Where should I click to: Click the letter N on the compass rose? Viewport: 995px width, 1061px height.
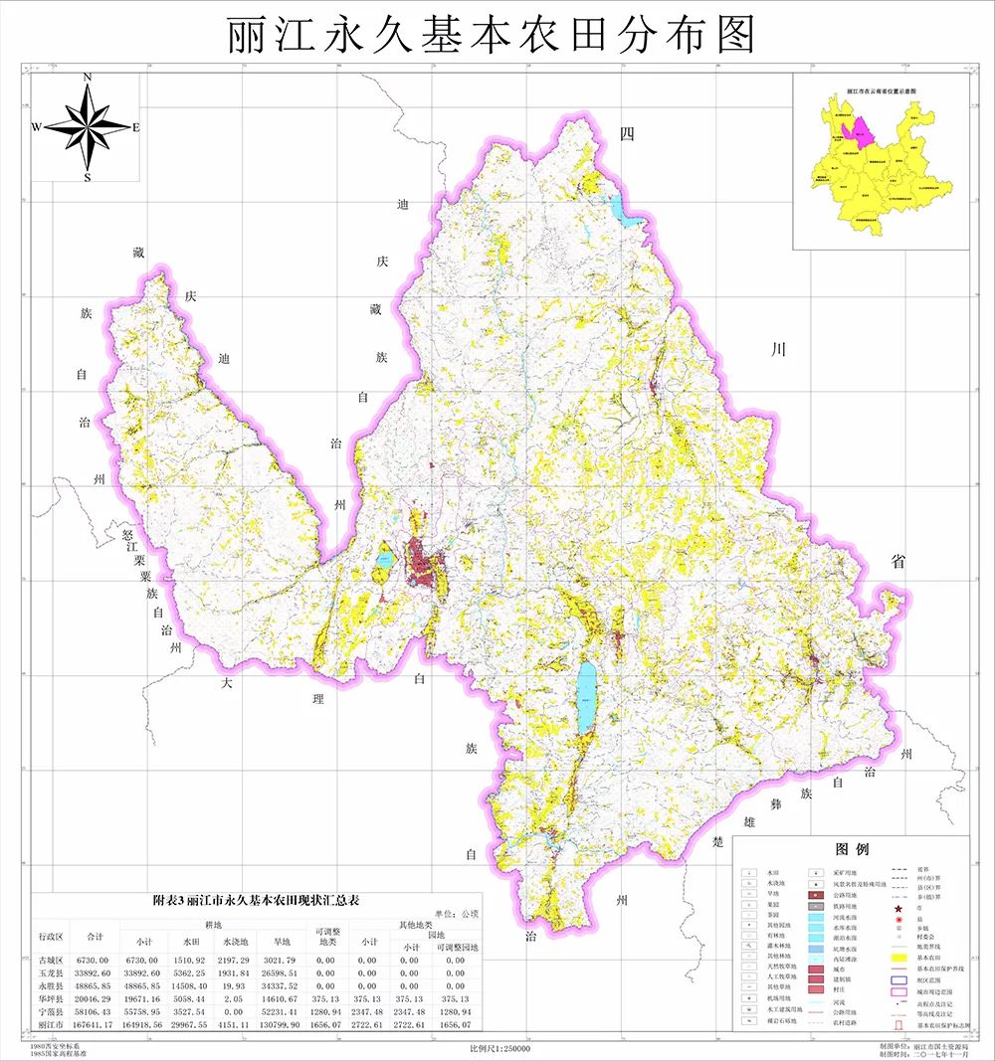click(x=88, y=78)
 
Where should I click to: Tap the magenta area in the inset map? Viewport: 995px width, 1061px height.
click(x=855, y=129)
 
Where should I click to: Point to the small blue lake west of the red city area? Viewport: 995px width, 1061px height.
click(x=384, y=559)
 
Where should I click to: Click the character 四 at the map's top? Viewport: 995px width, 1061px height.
click(x=626, y=135)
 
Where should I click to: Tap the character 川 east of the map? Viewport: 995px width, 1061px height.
click(x=779, y=349)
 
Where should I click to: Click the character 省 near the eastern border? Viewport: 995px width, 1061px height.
click(x=898, y=562)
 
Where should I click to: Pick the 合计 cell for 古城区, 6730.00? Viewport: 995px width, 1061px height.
click(x=97, y=961)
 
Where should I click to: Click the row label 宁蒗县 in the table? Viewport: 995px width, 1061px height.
click(x=51, y=1010)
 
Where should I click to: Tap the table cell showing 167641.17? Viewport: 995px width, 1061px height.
click(x=97, y=1027)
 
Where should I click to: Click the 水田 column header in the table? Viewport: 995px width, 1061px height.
click(x=185, y=938)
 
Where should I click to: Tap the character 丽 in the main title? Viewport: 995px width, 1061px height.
click(x=247, y=35)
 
